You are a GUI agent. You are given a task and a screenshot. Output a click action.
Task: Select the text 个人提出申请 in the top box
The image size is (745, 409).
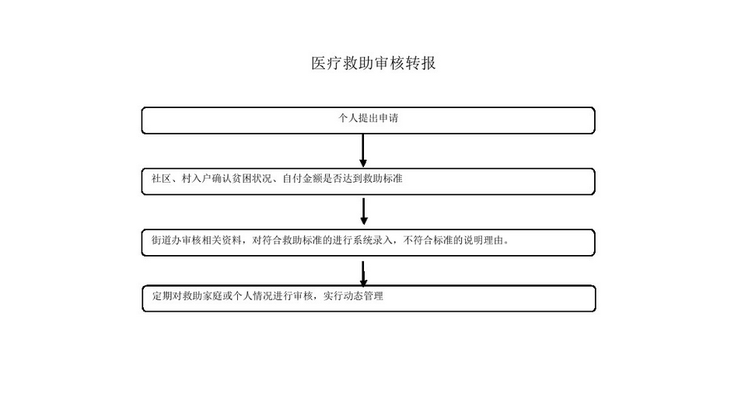pos(369,118)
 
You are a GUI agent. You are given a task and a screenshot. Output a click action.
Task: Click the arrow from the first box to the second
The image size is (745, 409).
pos(363,150)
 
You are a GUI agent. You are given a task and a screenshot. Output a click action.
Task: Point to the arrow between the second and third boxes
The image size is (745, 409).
pos(363,211)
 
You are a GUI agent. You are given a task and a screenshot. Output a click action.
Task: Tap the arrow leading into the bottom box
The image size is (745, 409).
pos(363,272)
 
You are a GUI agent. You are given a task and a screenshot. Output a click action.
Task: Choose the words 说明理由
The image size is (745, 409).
pos(487,240)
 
